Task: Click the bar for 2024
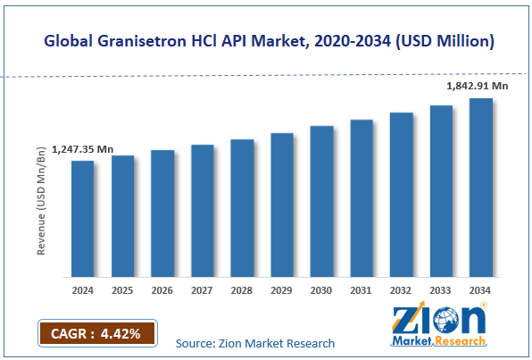[x=82, y=218]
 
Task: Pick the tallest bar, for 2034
[x=480, y=187]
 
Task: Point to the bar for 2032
[x=401, y=194]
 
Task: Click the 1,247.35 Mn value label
[x=83, y=149]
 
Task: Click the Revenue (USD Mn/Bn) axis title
[x=41, y=198]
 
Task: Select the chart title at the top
[x=266, y=40]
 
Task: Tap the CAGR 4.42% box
[x=96, y=334]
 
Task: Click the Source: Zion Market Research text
[x=255, y=343]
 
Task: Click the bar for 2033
[x=441, y=190]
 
